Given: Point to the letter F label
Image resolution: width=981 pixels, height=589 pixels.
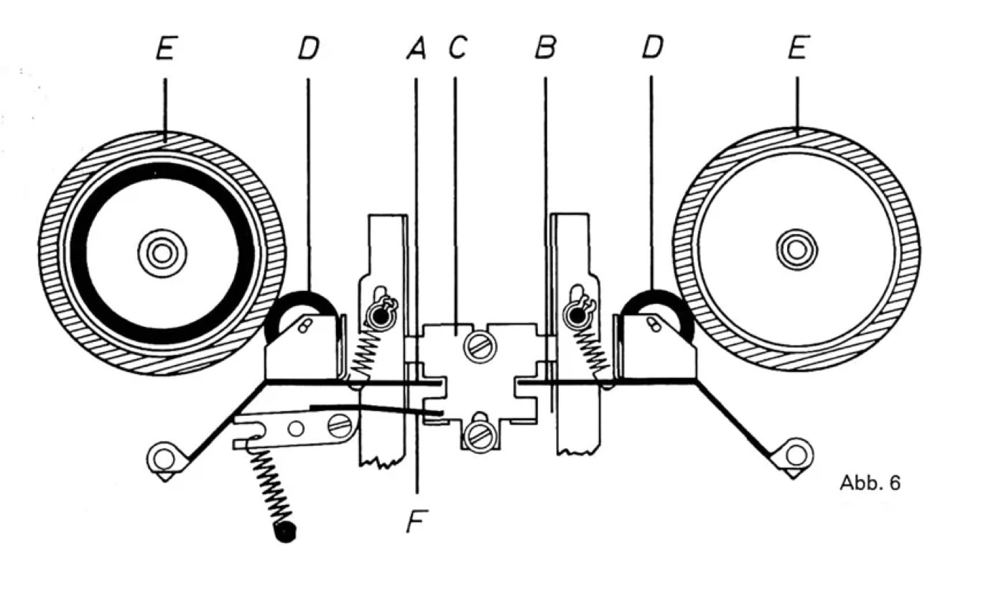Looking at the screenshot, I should point(415,521).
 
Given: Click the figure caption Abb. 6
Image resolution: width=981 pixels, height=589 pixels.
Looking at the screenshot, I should point(869,483).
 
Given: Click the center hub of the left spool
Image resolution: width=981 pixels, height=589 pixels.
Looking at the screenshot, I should point(162,253).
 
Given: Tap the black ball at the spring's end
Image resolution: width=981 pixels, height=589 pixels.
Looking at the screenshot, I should point(286,532).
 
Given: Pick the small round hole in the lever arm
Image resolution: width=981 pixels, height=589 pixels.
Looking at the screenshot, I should point(295,429).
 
